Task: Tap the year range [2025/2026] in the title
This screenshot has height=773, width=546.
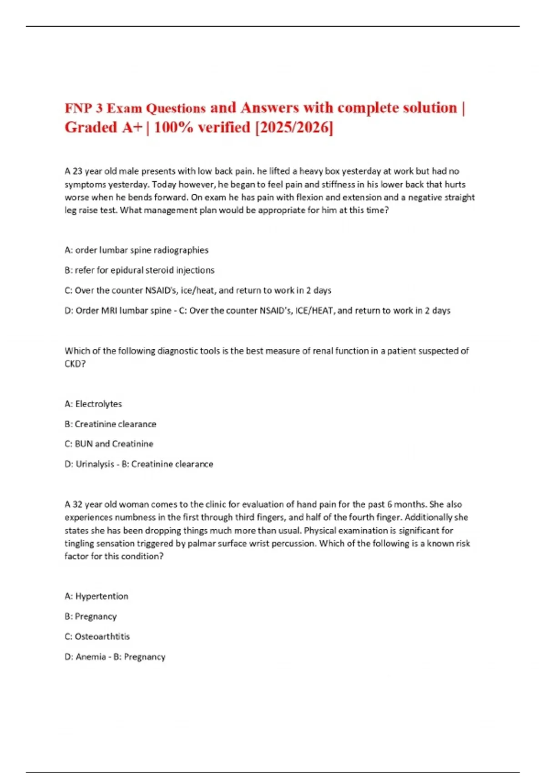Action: pyautogui.click(x=294, y=128)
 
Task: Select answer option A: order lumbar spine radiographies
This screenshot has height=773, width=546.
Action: pyautogui.click(x=136, y=250)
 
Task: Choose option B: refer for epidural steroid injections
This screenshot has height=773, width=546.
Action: pyautogui.click(x=139, y=270)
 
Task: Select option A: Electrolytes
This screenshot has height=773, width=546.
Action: pyautogui.click(x=93, y=404)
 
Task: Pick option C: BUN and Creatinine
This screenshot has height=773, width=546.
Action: pyautogui.click(x=109, y=444)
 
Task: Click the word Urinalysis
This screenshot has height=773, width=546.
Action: pyautogui.click(x=95, y=464)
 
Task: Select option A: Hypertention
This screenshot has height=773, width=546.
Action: pyautogui.click(x=96, y=596)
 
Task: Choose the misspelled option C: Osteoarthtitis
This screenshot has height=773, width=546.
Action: pyautogui.click(x=97, y=637)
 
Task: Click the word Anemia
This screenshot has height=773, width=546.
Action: pyautogui.click(x=91, y=657)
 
